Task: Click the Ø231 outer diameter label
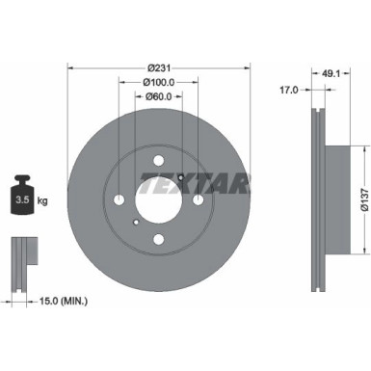pos(159,66)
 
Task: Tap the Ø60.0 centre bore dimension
pos(159,96)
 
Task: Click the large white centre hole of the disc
pos(158,200)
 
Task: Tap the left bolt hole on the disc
pos(119,200)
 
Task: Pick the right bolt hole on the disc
pos(198,200)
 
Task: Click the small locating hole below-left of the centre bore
pos(135,224)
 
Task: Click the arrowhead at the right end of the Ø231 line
pos(247,66)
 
